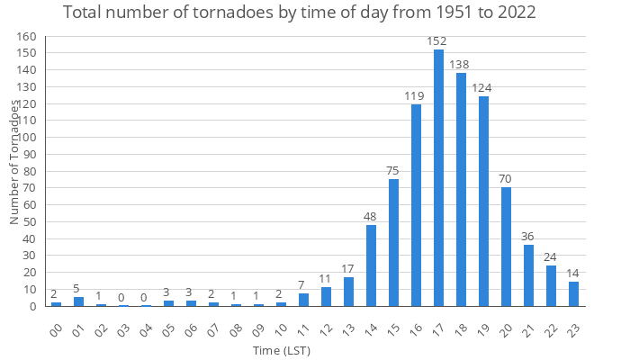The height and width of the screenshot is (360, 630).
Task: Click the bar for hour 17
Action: point(438,178)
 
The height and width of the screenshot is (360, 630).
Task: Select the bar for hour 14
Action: point(371,265)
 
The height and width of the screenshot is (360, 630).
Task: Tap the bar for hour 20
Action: point(506,247)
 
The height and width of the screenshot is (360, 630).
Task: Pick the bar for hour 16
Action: point(416,205)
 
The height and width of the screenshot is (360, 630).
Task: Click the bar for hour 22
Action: point(551,285)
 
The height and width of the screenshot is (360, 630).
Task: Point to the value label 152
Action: point(438,40)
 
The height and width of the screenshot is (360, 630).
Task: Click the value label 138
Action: point(461,65)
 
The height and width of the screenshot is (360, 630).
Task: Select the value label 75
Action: point(393,170)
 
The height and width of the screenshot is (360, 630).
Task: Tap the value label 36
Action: point(528,237)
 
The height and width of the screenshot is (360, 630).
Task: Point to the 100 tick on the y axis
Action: point(28,138)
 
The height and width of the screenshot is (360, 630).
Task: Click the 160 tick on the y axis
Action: point(28,37)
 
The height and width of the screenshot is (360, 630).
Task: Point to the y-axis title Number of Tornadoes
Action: point(14,162)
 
